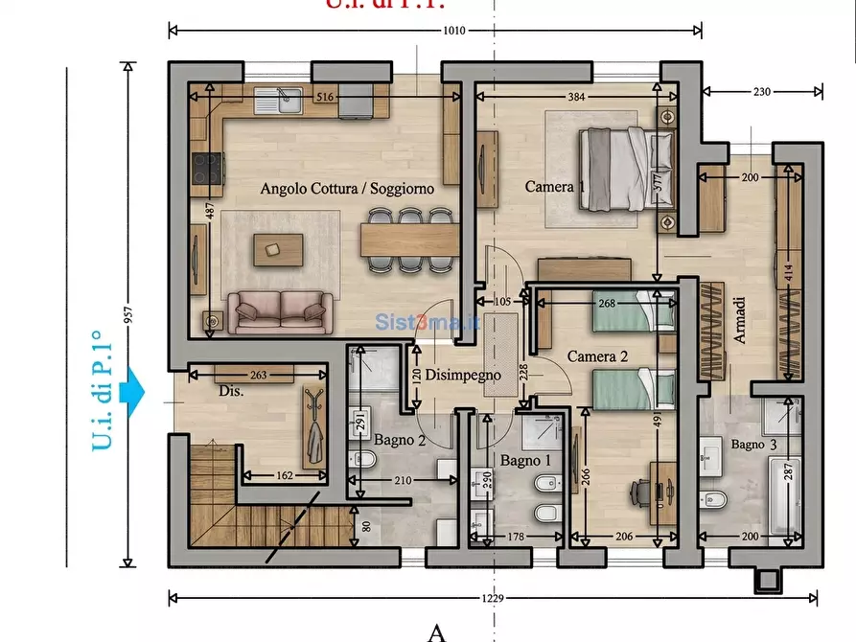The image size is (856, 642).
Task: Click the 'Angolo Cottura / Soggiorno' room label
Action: pyautogui.click(x=347, y=189)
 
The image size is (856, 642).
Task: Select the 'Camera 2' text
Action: pyautogui.click(x=597, y=356)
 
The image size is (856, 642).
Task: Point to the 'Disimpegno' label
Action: pyautogui.click(x=463, y=376)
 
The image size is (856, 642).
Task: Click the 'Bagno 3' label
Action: pyautogui.click(x=754, y=445)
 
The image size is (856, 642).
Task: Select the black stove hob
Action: pyautogui.click(x=206, y=169)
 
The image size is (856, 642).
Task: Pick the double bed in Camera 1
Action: pyautogui.click(x=626, y=170)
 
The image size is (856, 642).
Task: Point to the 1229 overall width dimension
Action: pyautogui.click(x=494, y=598)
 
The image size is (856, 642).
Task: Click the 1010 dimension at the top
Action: pyautogui.click(x=453, y=31)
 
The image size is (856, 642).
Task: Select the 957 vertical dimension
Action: pyautogui.click(x=127, y=314)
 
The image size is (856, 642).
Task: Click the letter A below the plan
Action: pyautogui.click(x=436, y=631)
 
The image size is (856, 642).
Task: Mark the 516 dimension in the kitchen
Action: pyautogui.click(x=324, y=97)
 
